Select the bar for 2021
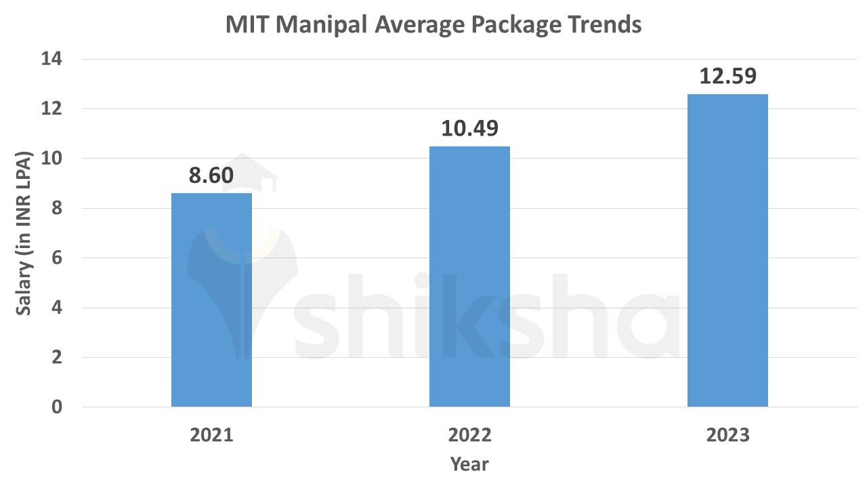211,300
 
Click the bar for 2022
469,277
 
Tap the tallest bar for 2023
727,251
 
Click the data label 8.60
211,176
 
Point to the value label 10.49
469,128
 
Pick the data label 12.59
727,76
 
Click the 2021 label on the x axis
211,434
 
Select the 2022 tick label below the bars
469,434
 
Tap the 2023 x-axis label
727,434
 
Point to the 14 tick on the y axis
52,60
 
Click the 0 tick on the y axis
57,407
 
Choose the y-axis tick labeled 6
57,258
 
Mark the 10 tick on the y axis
52,159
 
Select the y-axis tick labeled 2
57,358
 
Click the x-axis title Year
469,464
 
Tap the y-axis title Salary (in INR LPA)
24,232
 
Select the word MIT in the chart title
247,25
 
